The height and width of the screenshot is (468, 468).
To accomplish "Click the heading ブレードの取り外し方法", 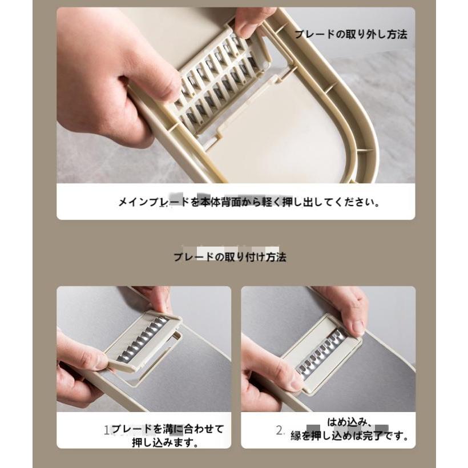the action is coord(350,34).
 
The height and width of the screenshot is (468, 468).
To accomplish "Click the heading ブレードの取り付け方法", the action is coord(230,257).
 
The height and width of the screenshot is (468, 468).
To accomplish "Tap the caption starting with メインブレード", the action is coord(249,202).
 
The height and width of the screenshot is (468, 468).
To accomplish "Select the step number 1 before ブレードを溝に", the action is coord(107,430).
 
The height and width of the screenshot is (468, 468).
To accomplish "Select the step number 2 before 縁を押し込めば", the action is coord(280,430).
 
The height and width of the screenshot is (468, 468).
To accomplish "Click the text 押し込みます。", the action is coord(166,442).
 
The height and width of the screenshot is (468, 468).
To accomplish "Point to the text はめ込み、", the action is coord(350,422).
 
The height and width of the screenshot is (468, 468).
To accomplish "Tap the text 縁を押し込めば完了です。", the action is coord(350,436).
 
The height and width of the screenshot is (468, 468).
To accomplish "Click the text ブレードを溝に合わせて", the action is coord(168,429).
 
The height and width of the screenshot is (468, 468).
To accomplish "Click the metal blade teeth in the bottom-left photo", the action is coord(143,340).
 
